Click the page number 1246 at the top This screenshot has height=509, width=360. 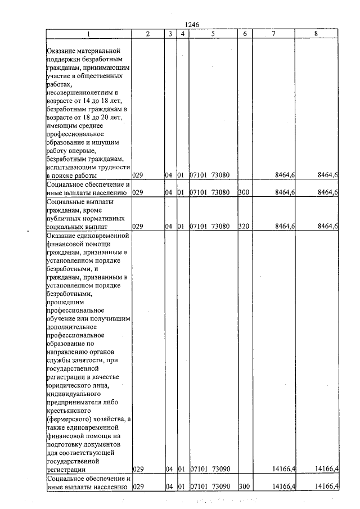tap(192, 24)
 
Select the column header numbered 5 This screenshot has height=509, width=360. tap(213, 34)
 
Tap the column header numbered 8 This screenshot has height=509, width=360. tap(316, 34)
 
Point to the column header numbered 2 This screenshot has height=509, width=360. tap(147, 34)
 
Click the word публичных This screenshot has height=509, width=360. tap(65, 218)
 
